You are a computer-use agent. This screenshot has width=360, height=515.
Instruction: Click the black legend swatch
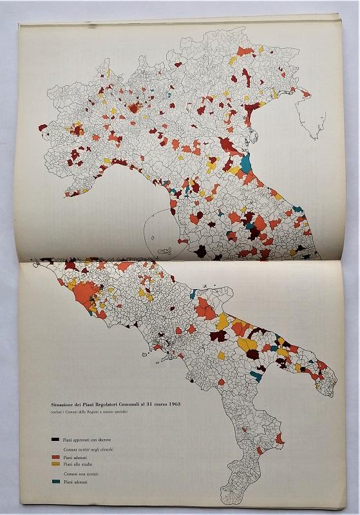click(x=55, y=439)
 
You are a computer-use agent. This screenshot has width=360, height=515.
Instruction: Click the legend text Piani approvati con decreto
click(x=86, y=439)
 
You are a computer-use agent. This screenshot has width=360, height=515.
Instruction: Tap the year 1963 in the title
click(x=171, y=404)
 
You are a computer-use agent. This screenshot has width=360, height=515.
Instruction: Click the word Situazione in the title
click(x=68, y=404)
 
